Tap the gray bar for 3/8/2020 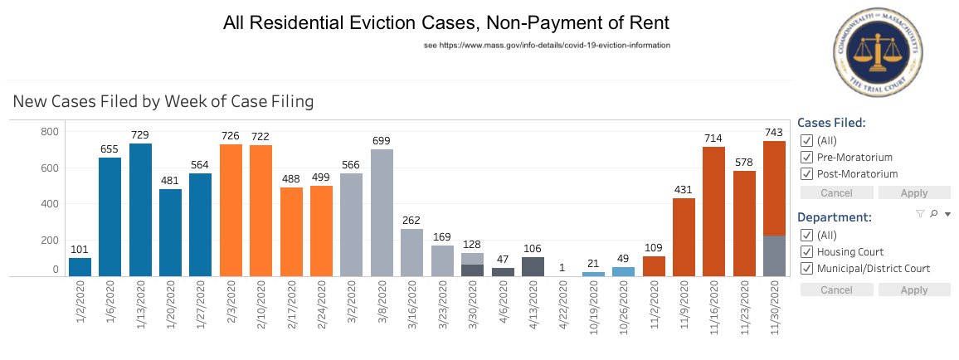382,212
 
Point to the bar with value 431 684,236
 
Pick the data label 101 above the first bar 80,249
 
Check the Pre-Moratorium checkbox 806,157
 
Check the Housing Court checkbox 806,251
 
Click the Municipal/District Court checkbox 806,268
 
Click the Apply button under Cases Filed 913,192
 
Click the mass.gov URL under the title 547,45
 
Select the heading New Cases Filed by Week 163,102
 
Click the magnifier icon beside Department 933,214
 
